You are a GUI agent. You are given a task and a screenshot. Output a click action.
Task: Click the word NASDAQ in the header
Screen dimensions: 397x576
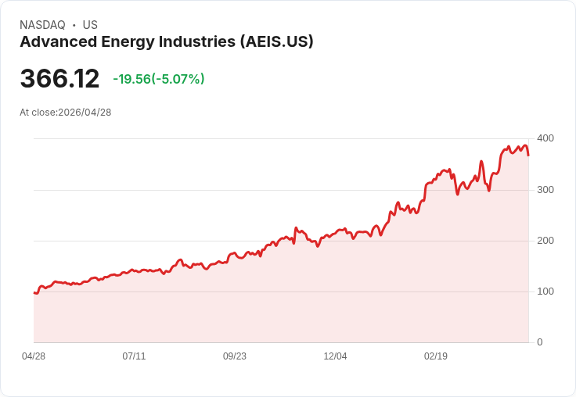pos(42,25)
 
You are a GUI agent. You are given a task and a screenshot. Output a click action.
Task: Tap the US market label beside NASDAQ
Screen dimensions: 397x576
pos(90,25)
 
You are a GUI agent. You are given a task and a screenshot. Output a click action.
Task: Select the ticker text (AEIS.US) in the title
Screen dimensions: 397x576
pos(276,42)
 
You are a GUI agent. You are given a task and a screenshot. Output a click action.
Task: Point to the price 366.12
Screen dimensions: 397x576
pos(59,79)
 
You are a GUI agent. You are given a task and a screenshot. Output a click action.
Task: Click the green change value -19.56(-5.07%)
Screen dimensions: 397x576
pos(159,79)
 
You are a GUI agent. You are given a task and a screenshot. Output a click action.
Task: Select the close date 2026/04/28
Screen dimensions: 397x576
pos(85,113)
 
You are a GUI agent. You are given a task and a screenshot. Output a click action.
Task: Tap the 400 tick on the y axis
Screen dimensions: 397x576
pos(545,138)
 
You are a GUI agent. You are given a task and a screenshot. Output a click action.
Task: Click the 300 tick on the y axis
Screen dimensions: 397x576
pos(545,190)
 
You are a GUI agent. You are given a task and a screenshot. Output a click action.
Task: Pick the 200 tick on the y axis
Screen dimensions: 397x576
pos(545,241)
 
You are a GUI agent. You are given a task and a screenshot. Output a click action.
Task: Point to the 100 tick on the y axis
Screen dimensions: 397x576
pos(545,291)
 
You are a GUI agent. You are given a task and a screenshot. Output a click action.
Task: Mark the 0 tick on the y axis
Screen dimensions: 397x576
pos(539,342)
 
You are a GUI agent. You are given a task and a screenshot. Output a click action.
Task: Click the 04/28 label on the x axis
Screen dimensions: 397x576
pos(34,356)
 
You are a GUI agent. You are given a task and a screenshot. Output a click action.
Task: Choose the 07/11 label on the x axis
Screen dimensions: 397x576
pos(134,356)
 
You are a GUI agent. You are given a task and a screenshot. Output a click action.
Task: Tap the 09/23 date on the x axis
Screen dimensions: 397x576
pos(235,356)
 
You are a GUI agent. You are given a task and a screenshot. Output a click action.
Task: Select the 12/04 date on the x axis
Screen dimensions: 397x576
pos(335,356)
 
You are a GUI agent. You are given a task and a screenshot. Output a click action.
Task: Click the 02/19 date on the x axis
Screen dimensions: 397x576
pos(436,356)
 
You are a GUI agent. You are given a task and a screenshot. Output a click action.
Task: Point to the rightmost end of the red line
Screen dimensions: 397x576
pos(528,155)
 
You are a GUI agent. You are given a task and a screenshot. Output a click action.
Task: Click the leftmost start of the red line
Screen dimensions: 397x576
pos(34,292)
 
